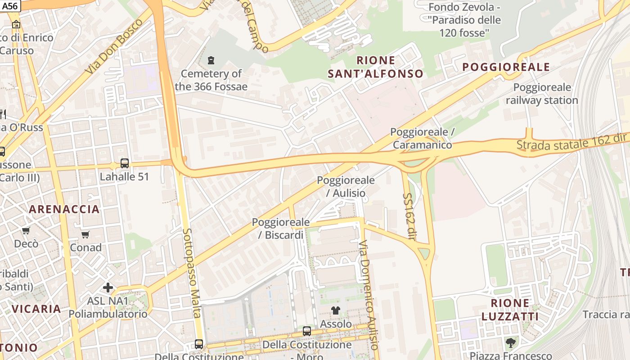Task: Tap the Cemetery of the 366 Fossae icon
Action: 211,60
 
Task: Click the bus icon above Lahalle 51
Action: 125,163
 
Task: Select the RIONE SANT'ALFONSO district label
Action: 376,67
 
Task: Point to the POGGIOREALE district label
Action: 506,67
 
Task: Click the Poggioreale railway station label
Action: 542,94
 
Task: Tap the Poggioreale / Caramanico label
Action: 422,138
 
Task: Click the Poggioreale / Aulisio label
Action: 346,186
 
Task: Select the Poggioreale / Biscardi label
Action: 281,228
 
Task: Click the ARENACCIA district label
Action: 64,209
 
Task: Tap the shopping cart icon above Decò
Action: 26,231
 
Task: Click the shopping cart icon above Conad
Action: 85,234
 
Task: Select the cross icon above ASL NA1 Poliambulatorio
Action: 108,287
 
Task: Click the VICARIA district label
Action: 36,309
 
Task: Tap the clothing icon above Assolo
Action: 336,310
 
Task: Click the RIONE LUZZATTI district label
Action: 510,310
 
